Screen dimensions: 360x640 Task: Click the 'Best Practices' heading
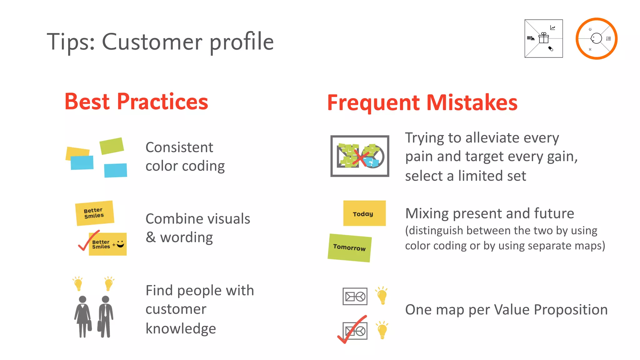pos(136,102)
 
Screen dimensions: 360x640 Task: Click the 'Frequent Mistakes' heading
pos(422,103)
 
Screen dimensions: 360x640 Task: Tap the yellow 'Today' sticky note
pos(364,213)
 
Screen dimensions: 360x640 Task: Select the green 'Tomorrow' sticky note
pos(349,248)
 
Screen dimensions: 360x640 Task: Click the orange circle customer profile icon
pos(596,38)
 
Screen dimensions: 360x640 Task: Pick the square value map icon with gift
pos(543,38)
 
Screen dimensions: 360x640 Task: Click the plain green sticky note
pos(112,146)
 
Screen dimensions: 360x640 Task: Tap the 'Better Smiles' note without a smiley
pos(94,213)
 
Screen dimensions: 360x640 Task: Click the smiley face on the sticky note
pos(120,244)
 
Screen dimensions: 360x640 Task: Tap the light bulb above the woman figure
pos(78,284)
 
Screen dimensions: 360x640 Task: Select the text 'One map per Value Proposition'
pos(506,310)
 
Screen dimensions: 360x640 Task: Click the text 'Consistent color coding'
pos(185,157)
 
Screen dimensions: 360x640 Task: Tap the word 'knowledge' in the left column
pos(181,328)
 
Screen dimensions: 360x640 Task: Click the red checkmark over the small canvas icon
pos(352,330)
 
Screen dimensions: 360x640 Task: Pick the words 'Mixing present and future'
pos(489,213)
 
